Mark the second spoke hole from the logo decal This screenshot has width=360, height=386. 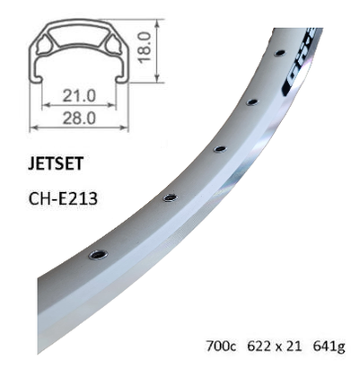252,103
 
